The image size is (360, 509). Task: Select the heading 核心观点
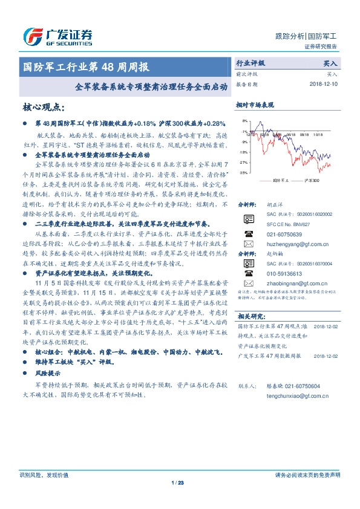42,107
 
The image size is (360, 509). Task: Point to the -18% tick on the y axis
243,152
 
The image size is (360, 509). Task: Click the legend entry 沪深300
311,180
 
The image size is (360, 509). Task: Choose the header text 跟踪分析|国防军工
305,36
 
